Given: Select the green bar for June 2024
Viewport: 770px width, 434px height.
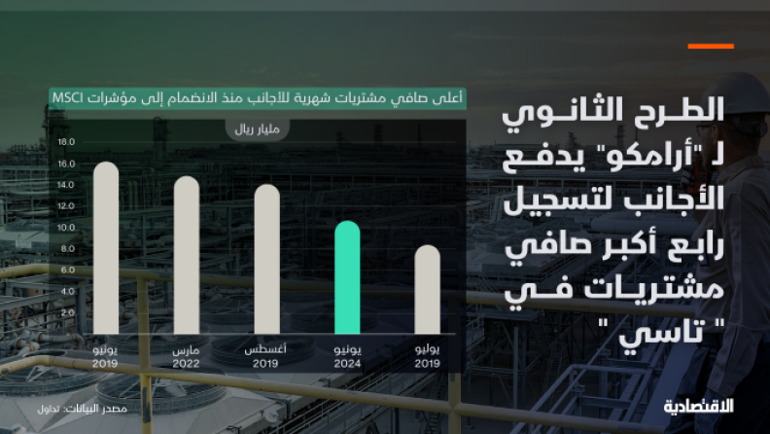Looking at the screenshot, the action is (x=347, y=277).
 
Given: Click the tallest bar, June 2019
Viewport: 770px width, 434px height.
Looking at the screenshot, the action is (x=106, y=248).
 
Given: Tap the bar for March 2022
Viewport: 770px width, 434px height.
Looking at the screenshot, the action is (x=187, y=255).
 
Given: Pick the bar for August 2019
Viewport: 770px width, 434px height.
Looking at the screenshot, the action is (x=267, y=259).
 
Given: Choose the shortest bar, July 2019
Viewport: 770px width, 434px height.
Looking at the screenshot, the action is (x=427, y=290).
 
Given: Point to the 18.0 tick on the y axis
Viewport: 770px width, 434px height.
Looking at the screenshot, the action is (x=66, y=142).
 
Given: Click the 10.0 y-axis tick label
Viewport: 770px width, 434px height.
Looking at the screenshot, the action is (x=66, y=228).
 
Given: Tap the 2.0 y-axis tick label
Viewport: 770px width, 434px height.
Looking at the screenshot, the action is (x=68, y=312).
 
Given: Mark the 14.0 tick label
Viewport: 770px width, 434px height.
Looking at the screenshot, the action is (x=66, y=185).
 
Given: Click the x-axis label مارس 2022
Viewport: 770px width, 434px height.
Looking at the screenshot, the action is (x=186, y=357).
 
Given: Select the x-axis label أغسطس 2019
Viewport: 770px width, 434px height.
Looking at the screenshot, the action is (x=265, y=357).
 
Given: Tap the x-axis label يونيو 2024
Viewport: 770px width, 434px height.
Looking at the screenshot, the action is (x=347, y=357).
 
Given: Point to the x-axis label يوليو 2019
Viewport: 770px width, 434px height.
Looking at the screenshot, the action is (x=427, y=357).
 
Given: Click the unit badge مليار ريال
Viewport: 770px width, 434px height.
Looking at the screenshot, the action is (x=258, y=129).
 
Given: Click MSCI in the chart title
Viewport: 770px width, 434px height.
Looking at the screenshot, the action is (x=68, y=98).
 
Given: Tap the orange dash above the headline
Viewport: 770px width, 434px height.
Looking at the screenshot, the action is (x=711, y=46).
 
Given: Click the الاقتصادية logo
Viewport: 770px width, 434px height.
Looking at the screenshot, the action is (x=699, y=406).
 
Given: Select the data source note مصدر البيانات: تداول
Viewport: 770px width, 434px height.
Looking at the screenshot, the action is (x=82, y=409).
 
